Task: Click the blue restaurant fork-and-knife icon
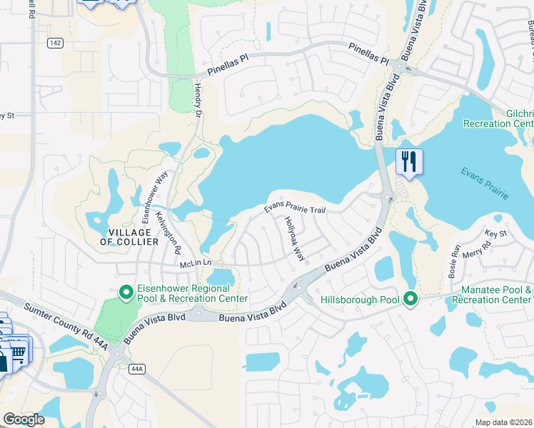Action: [x=409, y=161]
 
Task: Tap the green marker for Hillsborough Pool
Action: [x=410, y=298]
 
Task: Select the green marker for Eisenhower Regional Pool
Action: [x=126, y=292]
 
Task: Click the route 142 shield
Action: [x=55, y=44]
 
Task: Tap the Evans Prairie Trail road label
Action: [x=295, y=208]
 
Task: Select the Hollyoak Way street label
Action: [x=294, y=239]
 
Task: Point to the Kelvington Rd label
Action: [x=168, y=233]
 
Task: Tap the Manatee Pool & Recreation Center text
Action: [x=497, y=295]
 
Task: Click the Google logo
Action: [x=24, y=419]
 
